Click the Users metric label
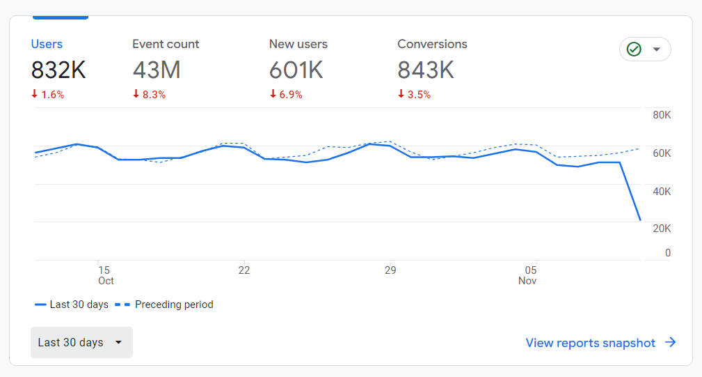pos(47,44)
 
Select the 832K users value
pos(58,70)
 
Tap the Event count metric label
pos(166,44)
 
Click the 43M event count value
pos(157,70)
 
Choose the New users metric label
pos(298,44)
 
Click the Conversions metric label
pos(432,44)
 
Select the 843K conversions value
pos(426,70)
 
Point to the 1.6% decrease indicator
pos(48,95)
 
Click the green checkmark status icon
pos(634,49)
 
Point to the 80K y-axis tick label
pos(661,115)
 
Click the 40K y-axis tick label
pos(661,191)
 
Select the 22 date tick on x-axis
pos(244,270)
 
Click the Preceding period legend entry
pos(164,305)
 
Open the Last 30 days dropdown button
pos(81,342)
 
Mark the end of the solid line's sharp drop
pos(640,220)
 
